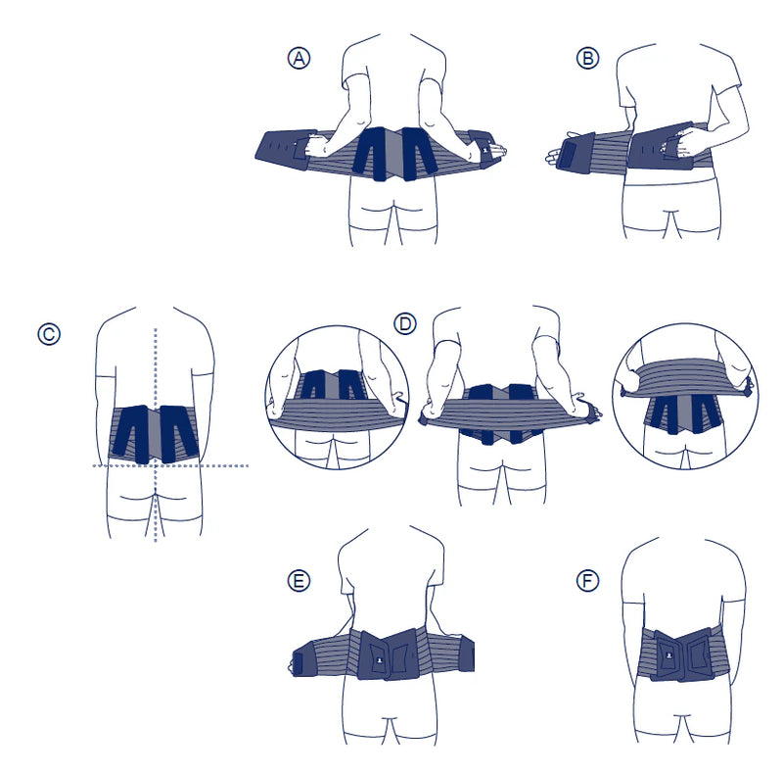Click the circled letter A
(299, 58)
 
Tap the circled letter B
(588, 58)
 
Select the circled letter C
(49, 334)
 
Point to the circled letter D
(405, 324)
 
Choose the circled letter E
(299, 581)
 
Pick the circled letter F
(588, 581)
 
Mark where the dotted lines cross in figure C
(156, 466)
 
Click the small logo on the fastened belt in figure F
(669, 655)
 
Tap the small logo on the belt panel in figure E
(379, 660)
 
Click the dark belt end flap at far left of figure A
(280, 149)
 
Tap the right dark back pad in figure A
(418, 153)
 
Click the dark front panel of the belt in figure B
(659, 148)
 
